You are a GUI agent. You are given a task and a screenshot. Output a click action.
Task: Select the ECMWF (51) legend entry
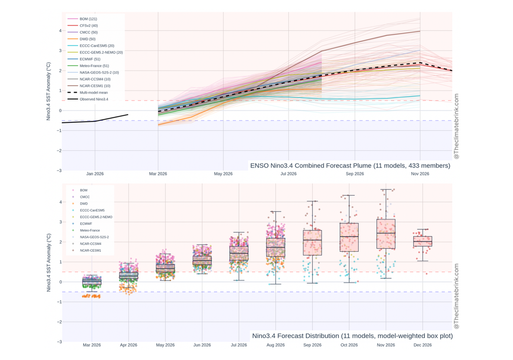click(90, 59)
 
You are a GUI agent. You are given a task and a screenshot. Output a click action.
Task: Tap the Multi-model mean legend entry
click(94, 93)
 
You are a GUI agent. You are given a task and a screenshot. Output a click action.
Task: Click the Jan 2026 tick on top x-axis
click(95, 174)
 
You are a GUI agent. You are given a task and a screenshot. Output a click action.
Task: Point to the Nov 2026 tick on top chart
click(420, 174)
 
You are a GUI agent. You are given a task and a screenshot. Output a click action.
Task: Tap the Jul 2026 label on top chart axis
click(289, 174)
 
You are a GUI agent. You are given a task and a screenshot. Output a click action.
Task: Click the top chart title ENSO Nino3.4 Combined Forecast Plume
click(350, 166)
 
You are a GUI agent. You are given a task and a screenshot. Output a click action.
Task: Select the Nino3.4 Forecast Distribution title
click(352, 335)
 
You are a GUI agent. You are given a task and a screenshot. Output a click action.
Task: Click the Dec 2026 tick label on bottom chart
click(423, 345)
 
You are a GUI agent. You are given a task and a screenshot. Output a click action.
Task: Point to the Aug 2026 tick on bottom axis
click(276, 345)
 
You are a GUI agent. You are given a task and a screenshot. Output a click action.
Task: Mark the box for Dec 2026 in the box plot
click(423, 241)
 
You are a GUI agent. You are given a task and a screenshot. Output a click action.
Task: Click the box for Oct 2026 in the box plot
click(349, 237)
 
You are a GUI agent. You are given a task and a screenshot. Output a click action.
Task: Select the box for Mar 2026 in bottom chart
click(92, 282)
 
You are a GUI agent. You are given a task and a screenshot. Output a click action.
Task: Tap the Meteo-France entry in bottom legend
click(90, 230)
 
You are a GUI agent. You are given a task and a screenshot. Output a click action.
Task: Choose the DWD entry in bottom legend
click(84, 204)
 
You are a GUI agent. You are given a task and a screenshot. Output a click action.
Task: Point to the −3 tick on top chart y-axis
click(59, 170)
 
